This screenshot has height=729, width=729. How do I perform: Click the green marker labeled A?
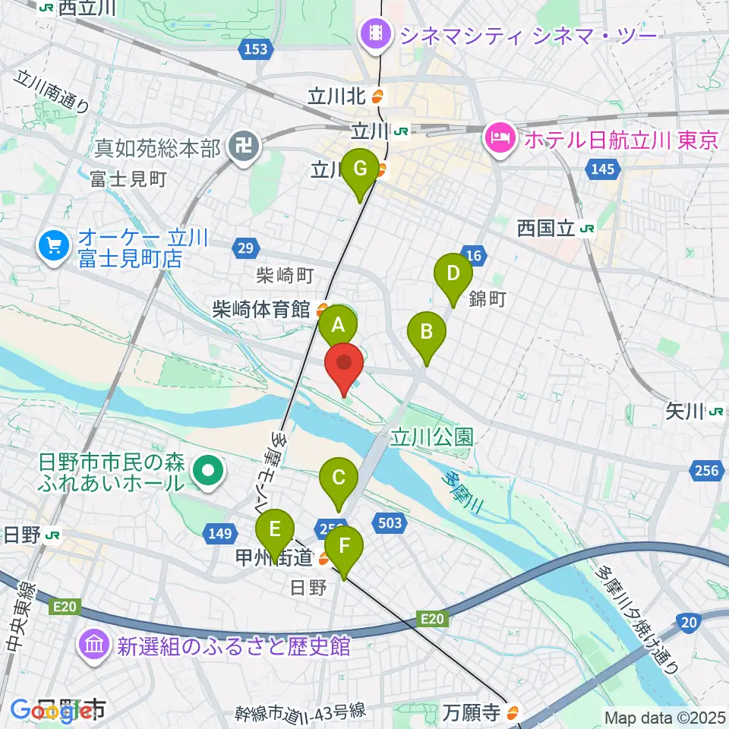[337, 327]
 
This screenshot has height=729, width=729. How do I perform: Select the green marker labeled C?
[338, 478]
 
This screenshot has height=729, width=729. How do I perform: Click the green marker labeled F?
[344, 545]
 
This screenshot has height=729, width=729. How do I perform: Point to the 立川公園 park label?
[432, 437]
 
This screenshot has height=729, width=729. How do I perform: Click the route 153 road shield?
[256, 49]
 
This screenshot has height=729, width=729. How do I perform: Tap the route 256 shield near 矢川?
[706, 472]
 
